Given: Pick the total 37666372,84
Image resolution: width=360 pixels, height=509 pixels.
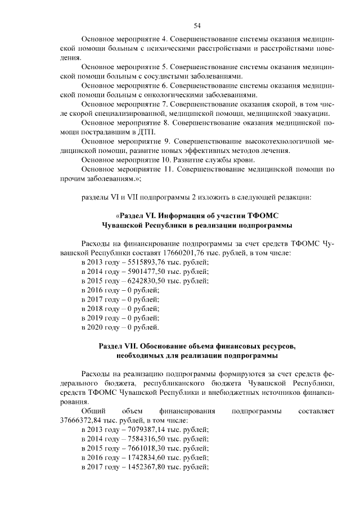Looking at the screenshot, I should coord(85,420).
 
